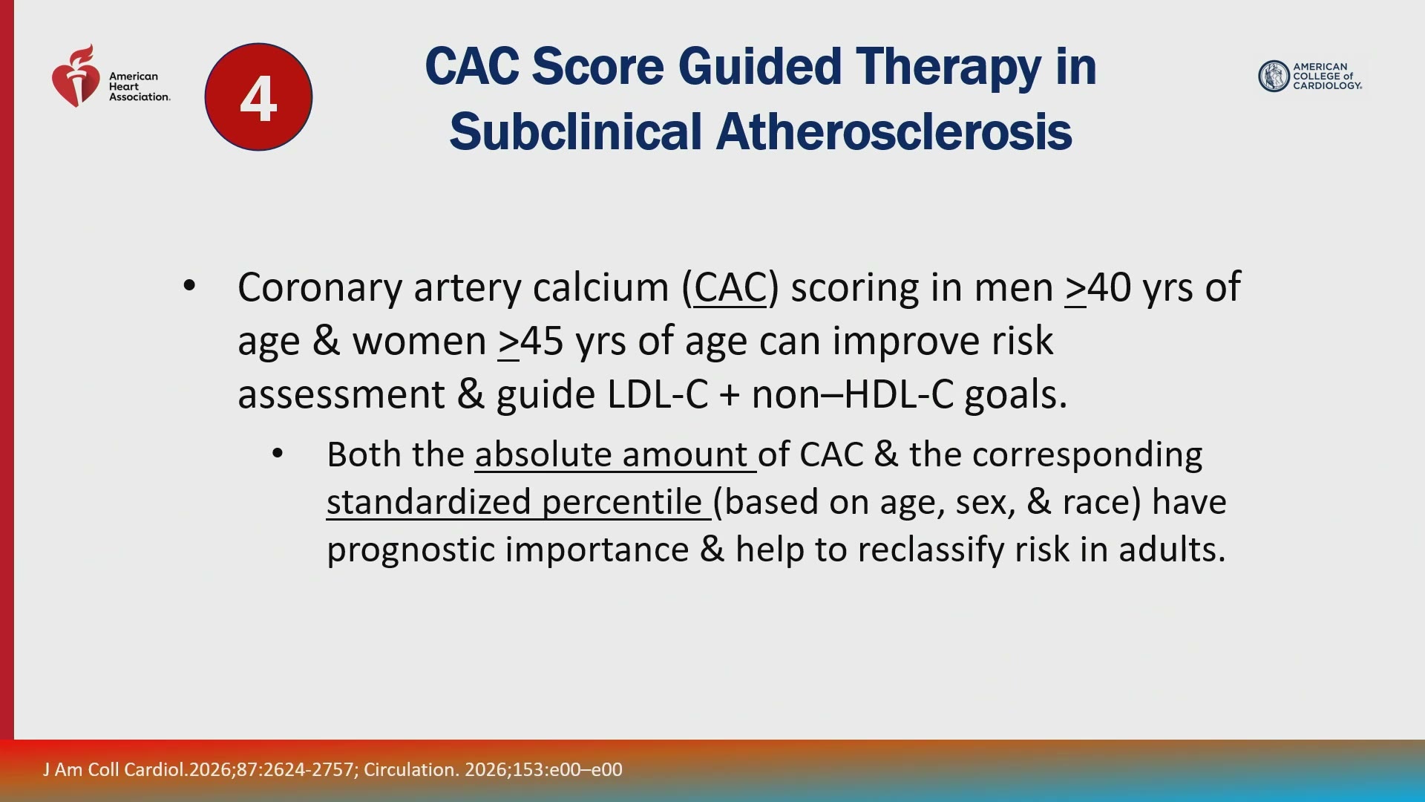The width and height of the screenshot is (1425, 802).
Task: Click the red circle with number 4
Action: click(x=258, y=97)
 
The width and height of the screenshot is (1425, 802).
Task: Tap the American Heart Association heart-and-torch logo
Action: click(x=76, y=76)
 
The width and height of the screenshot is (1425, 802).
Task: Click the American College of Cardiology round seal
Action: click(x=1274, y=76)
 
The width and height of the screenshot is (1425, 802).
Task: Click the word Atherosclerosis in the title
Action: click(x=894, y=131)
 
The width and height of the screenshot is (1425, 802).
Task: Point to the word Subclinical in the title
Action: click(x=576, y=131)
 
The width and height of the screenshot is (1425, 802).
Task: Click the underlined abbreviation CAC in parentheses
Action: click(x=730, y=287)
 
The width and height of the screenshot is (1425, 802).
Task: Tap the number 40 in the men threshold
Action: click(x=1110, y=287)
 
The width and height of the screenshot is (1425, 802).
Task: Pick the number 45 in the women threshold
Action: click(x=542, y=342)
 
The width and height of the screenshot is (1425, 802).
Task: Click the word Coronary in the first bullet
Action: click(x=319, y=288)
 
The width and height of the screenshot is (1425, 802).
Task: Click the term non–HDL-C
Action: click(x=853, y=394)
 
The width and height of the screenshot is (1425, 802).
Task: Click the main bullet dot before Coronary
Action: click(x=189, y=286)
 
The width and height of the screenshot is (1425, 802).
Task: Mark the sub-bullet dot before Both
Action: click(x=278, y=454)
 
